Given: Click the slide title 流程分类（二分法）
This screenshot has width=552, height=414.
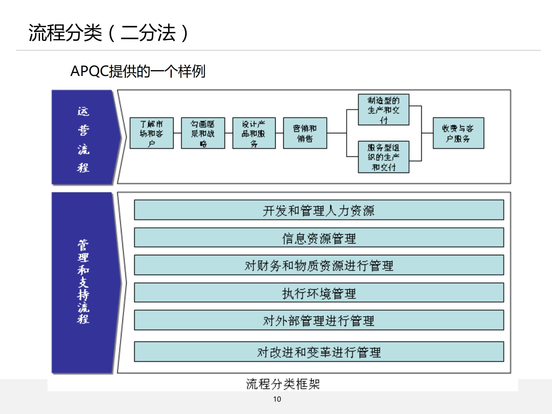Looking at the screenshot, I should point(109,33).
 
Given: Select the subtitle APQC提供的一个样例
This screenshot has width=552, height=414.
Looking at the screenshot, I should point(137,71).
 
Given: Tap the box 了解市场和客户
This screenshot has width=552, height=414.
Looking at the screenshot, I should point(152,133).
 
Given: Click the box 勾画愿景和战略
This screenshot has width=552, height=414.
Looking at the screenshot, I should point(203,133).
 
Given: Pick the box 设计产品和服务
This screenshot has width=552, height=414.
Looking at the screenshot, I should point(254,133).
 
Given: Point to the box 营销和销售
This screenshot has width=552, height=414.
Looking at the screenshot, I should point(305,133).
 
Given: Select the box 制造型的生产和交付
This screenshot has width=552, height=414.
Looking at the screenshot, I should point(383,110).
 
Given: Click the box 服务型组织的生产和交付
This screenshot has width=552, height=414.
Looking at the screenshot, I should point(383,157).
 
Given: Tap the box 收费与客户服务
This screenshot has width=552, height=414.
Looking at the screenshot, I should point(458,133).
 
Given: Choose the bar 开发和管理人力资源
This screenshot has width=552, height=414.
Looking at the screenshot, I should point(319,210).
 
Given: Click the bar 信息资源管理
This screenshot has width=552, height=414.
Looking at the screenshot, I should point(319,238).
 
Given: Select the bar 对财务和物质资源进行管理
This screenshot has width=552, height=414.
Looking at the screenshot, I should point(319,265).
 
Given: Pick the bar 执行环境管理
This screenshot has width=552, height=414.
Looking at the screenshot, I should point(319,293).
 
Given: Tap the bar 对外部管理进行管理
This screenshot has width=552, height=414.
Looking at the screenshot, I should point(319,320).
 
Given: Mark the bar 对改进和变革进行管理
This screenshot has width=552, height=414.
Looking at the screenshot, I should point(319,352).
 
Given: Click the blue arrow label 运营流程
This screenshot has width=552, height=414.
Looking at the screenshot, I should point(83,139).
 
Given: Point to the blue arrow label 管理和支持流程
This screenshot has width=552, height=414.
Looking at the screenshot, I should point(83,282).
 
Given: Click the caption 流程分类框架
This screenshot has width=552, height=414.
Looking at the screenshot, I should point(283,384).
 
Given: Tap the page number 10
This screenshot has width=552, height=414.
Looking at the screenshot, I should point(277,399).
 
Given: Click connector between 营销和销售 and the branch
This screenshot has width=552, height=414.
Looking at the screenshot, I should point(337,133).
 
